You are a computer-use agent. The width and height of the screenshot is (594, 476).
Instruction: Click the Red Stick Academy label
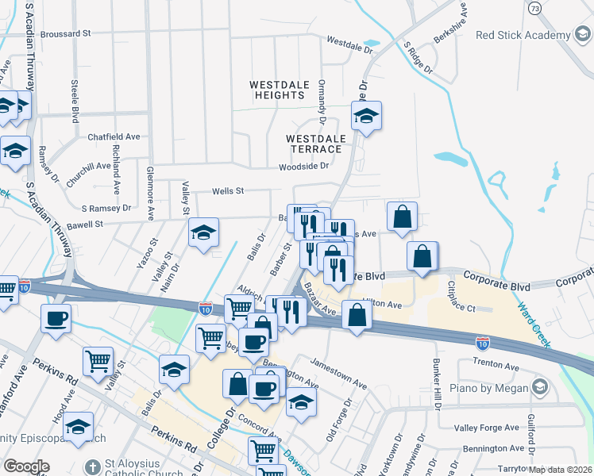(x=523, y=35)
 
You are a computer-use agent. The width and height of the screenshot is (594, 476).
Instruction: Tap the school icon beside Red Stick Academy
(x=581, y=35)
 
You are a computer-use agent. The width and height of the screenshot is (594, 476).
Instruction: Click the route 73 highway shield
(x=534, y=8)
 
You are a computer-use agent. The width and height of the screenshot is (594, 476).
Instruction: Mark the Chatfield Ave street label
(x=114, y=136)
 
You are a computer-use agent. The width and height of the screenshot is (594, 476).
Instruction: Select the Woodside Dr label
(x=303, y=167)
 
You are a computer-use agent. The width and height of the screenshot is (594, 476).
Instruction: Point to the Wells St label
(x=227, y=191)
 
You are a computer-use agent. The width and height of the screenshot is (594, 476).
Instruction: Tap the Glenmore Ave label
(x=150, y=193)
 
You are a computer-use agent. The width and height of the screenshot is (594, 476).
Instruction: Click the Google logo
(x=26, y=466)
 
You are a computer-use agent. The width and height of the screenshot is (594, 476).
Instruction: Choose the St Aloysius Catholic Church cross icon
(x=93, y=466)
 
